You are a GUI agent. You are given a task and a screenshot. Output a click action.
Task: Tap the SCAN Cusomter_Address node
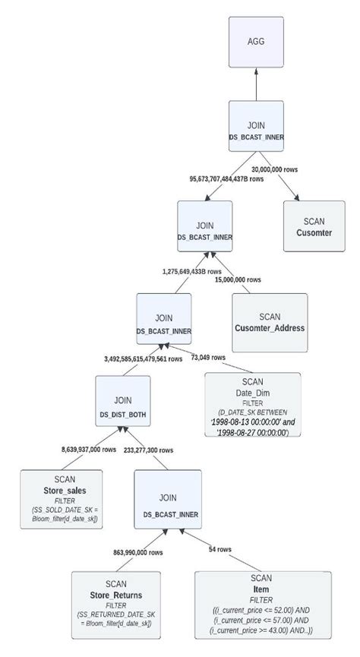270,322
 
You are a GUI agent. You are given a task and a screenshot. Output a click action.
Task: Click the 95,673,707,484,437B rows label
226,179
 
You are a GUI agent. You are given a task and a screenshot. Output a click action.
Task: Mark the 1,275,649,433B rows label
192,270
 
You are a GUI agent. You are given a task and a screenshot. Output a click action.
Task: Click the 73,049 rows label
207,357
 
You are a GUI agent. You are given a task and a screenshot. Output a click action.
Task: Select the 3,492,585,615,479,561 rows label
144,358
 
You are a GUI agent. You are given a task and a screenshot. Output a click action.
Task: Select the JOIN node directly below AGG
256,128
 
